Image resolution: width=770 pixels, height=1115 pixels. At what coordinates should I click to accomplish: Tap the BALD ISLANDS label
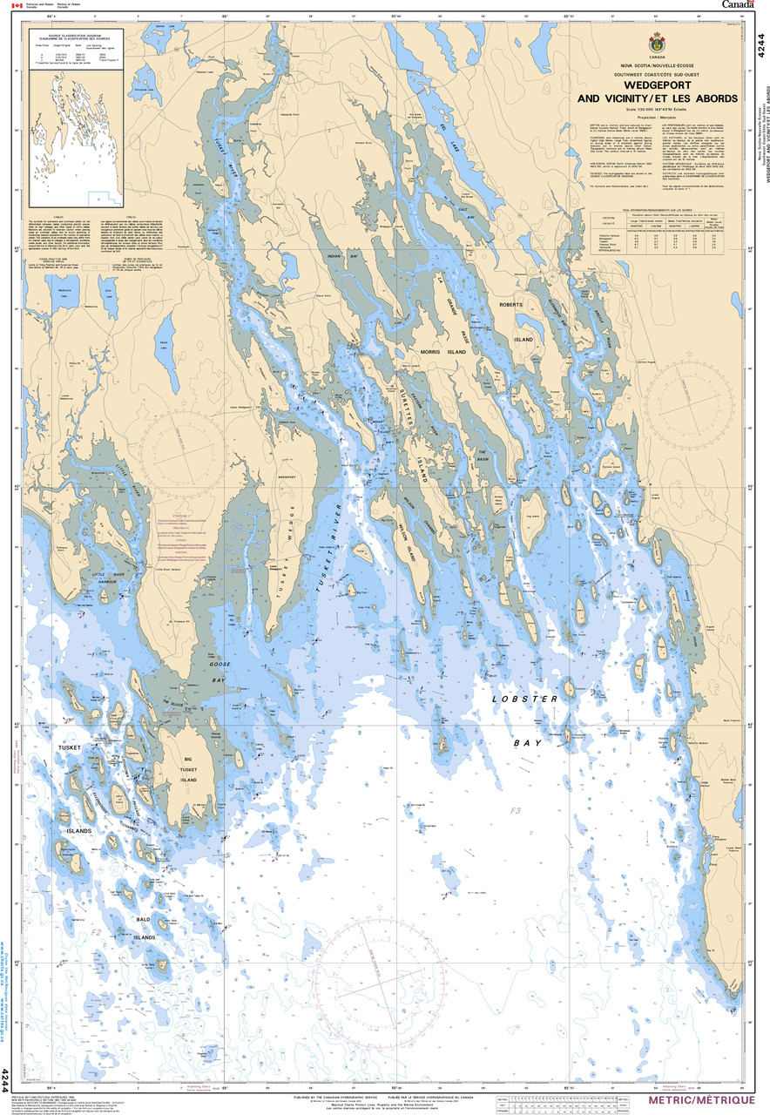[144, 928]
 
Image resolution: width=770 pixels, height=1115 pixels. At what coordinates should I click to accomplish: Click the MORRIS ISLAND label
[444, 352]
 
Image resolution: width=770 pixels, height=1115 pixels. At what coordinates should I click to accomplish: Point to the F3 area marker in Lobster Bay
[516, 811]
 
